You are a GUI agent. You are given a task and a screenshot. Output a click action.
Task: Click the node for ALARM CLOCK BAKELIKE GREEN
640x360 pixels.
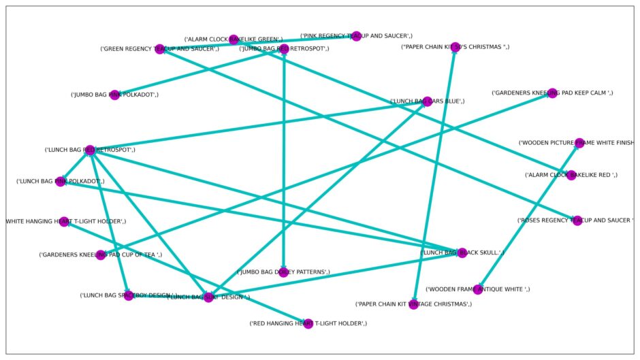click(x=234, y=39)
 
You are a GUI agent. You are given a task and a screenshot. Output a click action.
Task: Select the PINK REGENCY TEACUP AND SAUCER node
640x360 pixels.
click(x=356, y=35)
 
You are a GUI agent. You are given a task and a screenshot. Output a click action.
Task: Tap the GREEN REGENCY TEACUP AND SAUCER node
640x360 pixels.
click(x=159, y=49)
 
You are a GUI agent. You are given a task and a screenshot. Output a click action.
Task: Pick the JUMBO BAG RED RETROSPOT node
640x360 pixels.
click(x=283, y=49)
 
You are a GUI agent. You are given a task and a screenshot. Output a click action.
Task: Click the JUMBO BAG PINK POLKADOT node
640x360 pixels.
click(x=115, y=95)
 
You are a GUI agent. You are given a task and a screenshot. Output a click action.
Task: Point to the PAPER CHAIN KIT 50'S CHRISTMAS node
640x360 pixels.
click(x=455, y=47)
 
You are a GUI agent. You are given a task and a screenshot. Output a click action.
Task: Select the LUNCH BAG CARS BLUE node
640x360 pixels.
click(x=428, y=101)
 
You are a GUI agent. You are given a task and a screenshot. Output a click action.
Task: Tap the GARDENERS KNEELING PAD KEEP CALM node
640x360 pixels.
click(x=552, y=93)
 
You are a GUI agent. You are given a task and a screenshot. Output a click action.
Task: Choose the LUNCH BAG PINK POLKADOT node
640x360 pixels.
click(x=61, y=182)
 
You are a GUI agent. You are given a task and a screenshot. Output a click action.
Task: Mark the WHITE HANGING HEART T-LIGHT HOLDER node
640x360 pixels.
click(x=64, y=221)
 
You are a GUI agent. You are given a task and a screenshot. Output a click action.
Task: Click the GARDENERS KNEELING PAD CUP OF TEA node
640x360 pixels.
click(x=101, y=255)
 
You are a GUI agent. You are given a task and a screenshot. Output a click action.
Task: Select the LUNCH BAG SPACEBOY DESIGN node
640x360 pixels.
click(x=129, y=295)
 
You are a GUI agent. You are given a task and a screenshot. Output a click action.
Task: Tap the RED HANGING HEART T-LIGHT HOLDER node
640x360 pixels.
click(x=308, y=323)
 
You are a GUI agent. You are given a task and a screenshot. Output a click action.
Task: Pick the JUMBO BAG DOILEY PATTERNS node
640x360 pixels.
click(x=283, y=272)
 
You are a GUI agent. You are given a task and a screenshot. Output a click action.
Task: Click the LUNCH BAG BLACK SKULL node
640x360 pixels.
click(x=462, y=252)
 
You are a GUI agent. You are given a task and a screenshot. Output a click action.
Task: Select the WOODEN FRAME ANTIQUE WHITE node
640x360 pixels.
click(x=478, y=289)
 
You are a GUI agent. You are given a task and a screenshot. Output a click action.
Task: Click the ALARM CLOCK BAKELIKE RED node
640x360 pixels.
click(x=571, y=175)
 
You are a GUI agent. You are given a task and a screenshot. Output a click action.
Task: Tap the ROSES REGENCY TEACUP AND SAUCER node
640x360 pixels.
click(x=577, y=220)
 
